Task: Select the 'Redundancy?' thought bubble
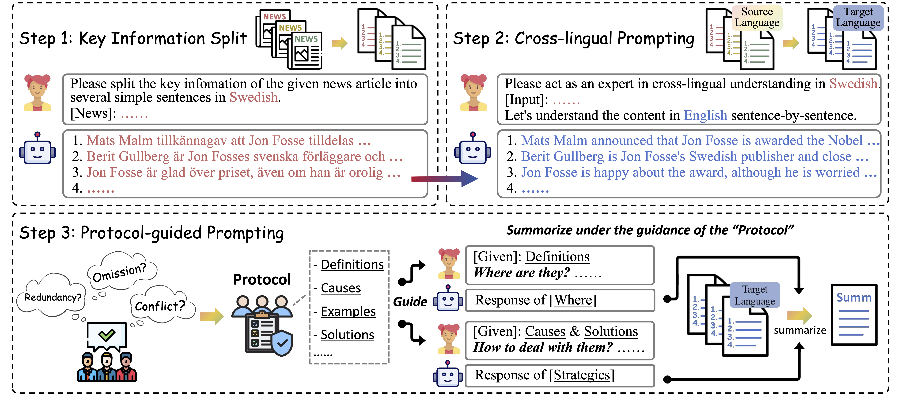coord(53,297)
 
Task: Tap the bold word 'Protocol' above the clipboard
coord(262,279)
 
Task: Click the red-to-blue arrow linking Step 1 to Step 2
coord(444,179)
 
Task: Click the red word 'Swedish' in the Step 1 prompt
coord(254,97)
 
